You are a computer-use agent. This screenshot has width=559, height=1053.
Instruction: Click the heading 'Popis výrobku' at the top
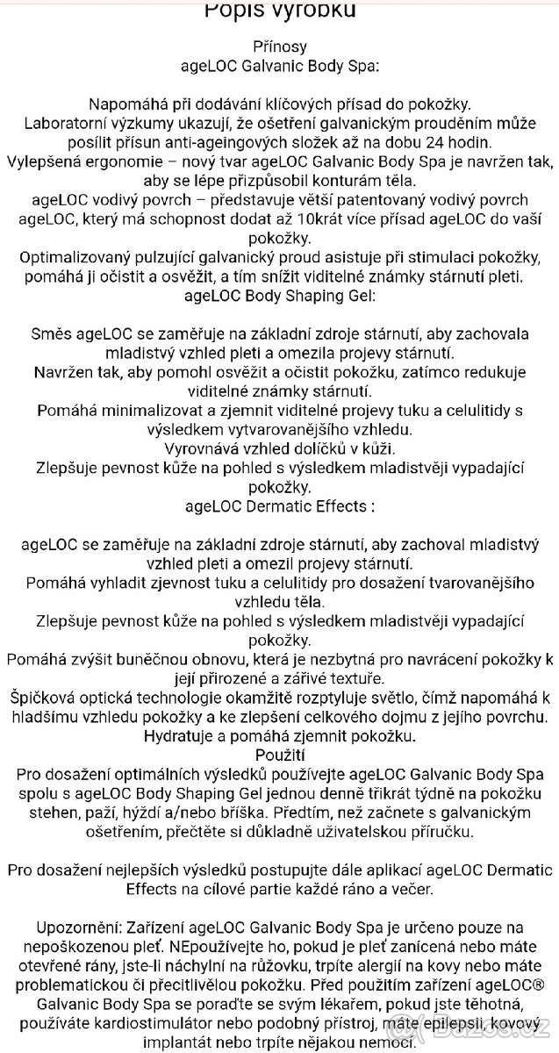point(279,10)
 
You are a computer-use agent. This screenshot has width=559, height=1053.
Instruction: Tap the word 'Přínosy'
point(279,46)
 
